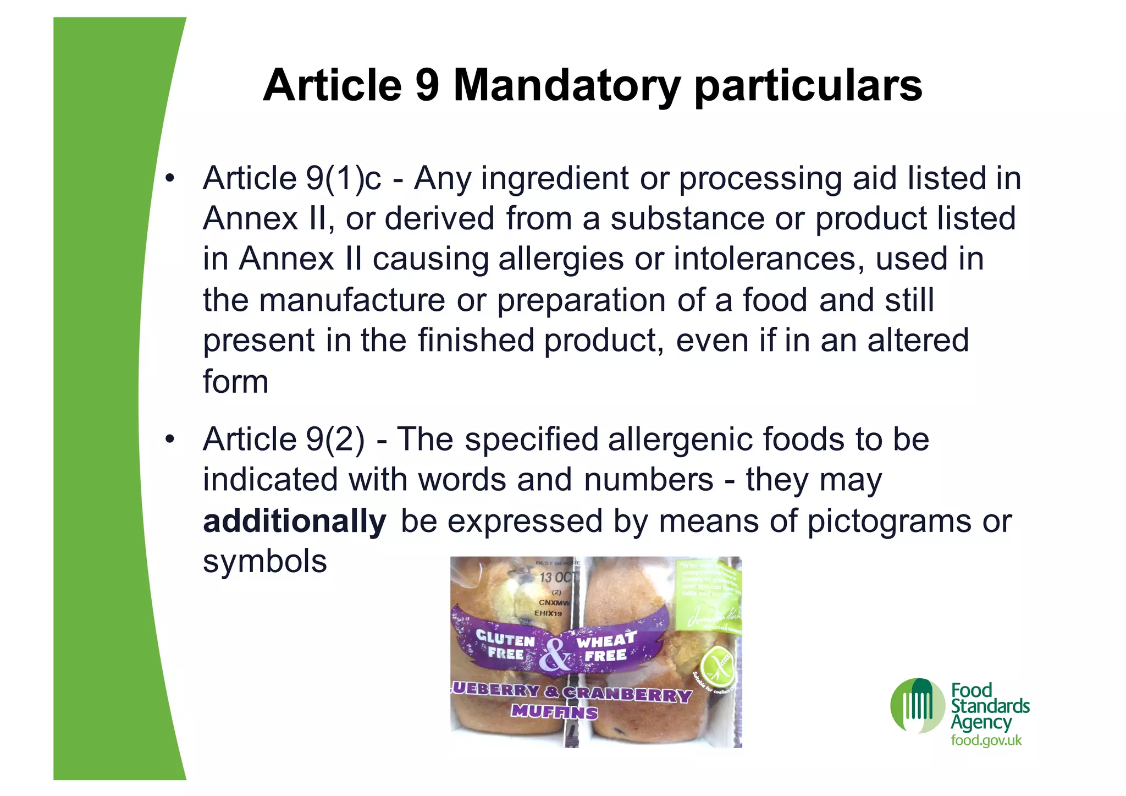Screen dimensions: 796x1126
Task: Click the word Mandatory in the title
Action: coord(566,86)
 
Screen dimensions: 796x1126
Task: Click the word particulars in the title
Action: coord(808,86)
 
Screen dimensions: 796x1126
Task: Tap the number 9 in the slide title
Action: coord(427,86)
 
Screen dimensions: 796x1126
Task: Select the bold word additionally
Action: coord(294,521)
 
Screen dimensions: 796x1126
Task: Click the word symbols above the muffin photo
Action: coord(264,561)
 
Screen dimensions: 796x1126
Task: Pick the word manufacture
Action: coord(352,300)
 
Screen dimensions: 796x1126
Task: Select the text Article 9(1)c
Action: coord(291,178)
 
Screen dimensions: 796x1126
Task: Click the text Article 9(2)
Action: coord(283,439)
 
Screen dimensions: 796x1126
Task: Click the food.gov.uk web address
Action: coord(986,740)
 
